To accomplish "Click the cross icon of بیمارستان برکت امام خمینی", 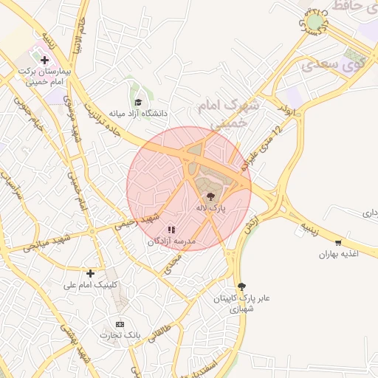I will [45, 59].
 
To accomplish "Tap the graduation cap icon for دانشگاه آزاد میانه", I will [137, 102].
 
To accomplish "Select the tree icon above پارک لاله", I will [211, 196].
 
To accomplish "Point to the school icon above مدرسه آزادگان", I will [172, 230].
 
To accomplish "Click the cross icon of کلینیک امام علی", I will [90, 273].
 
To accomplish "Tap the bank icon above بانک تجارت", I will [120, 324].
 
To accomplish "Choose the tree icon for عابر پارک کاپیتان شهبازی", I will [241, 286].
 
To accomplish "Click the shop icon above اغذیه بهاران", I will [338, 242].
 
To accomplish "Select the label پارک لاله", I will [210, 209].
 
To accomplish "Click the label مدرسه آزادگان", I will [171, 242].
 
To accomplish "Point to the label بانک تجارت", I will [121, 336].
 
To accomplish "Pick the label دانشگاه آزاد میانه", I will [138, 114].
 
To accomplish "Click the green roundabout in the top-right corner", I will [315, 24].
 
